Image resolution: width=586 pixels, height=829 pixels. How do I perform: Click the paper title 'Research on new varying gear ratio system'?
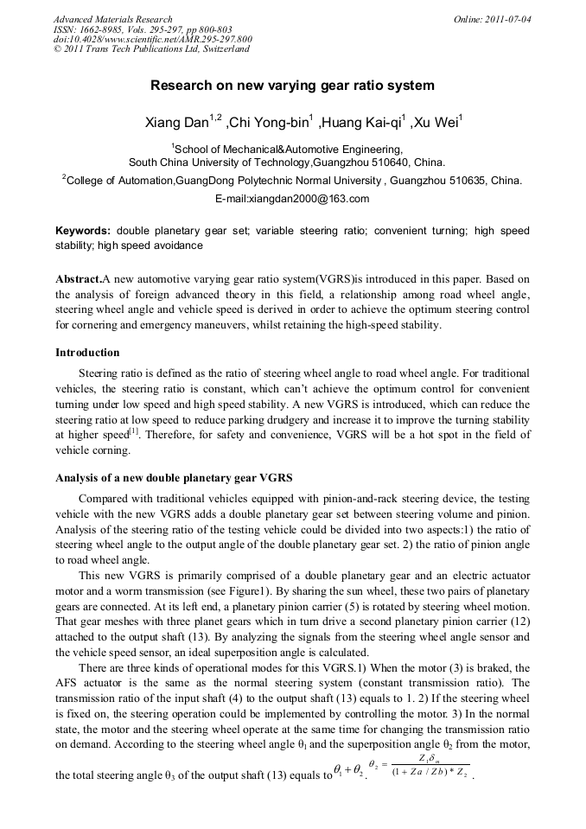pyautogui.click(x=292, y=86)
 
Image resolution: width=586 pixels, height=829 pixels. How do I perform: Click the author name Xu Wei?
pyautogui.click(x=435, y=123)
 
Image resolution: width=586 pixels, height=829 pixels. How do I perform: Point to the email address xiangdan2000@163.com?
pyautogui.click(x=292, y=199)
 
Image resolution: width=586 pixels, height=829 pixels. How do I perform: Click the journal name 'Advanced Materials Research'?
pyautogui.click(x=112, y=19)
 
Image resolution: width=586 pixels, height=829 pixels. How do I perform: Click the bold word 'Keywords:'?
pyautogui.click(x=83, y=231)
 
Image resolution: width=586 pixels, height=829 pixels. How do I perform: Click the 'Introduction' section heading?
pyautogui.click(x=87, y=353)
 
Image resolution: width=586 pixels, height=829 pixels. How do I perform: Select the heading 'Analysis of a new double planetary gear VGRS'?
pyautogui.click(x=174, y=477)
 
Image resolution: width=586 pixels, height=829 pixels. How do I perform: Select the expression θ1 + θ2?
pyautogui.click(x=348, y=775)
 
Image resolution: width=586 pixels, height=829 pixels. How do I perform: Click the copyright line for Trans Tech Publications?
pyautogui.click(x=151, y=49)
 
